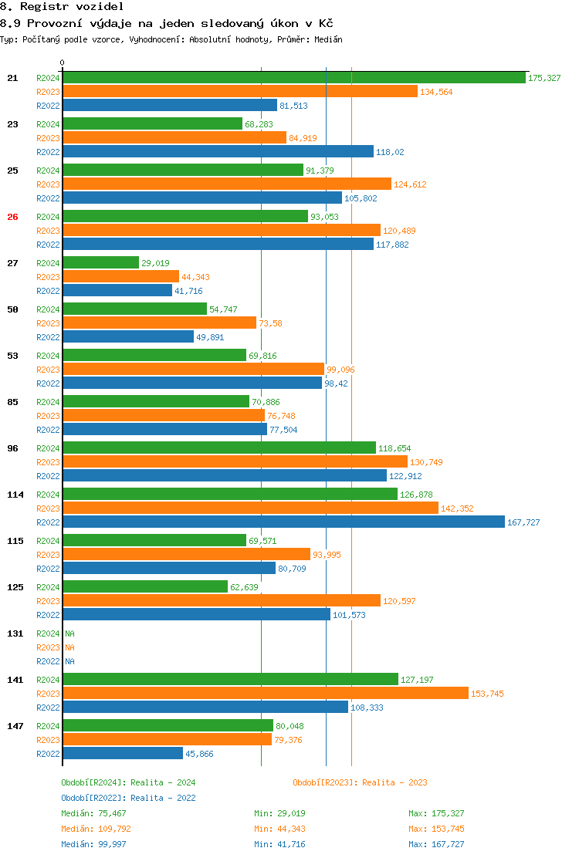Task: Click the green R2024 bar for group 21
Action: (x=294, y=77)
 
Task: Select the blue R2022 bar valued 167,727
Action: (x=283, y=522)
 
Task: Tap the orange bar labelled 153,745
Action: (x=266, y=693)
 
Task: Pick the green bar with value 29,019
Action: (x=100, y=262)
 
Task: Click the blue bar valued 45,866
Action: (x=123, y=753)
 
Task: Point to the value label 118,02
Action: (x=390, y=152)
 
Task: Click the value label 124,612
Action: (x=410, y=184)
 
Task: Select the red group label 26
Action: (x=12, y=217)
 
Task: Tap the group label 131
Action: (x=15, y=633)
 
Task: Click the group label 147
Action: (x=15, y=726)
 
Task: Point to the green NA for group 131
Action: (x=69, y=633)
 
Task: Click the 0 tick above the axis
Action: (x=63, y=62)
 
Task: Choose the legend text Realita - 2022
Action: (x=163, y=798)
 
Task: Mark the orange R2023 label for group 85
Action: (x=48, y=416)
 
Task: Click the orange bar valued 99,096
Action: (x=193, y=369)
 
